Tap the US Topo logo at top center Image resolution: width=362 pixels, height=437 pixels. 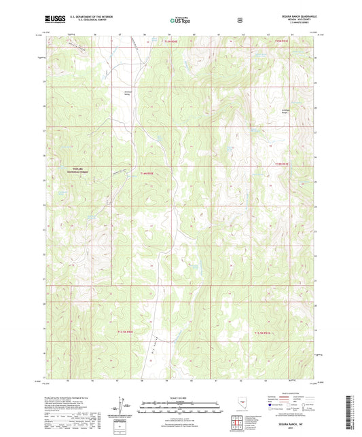point(181,20)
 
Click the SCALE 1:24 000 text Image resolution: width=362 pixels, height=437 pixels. point(180,397)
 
